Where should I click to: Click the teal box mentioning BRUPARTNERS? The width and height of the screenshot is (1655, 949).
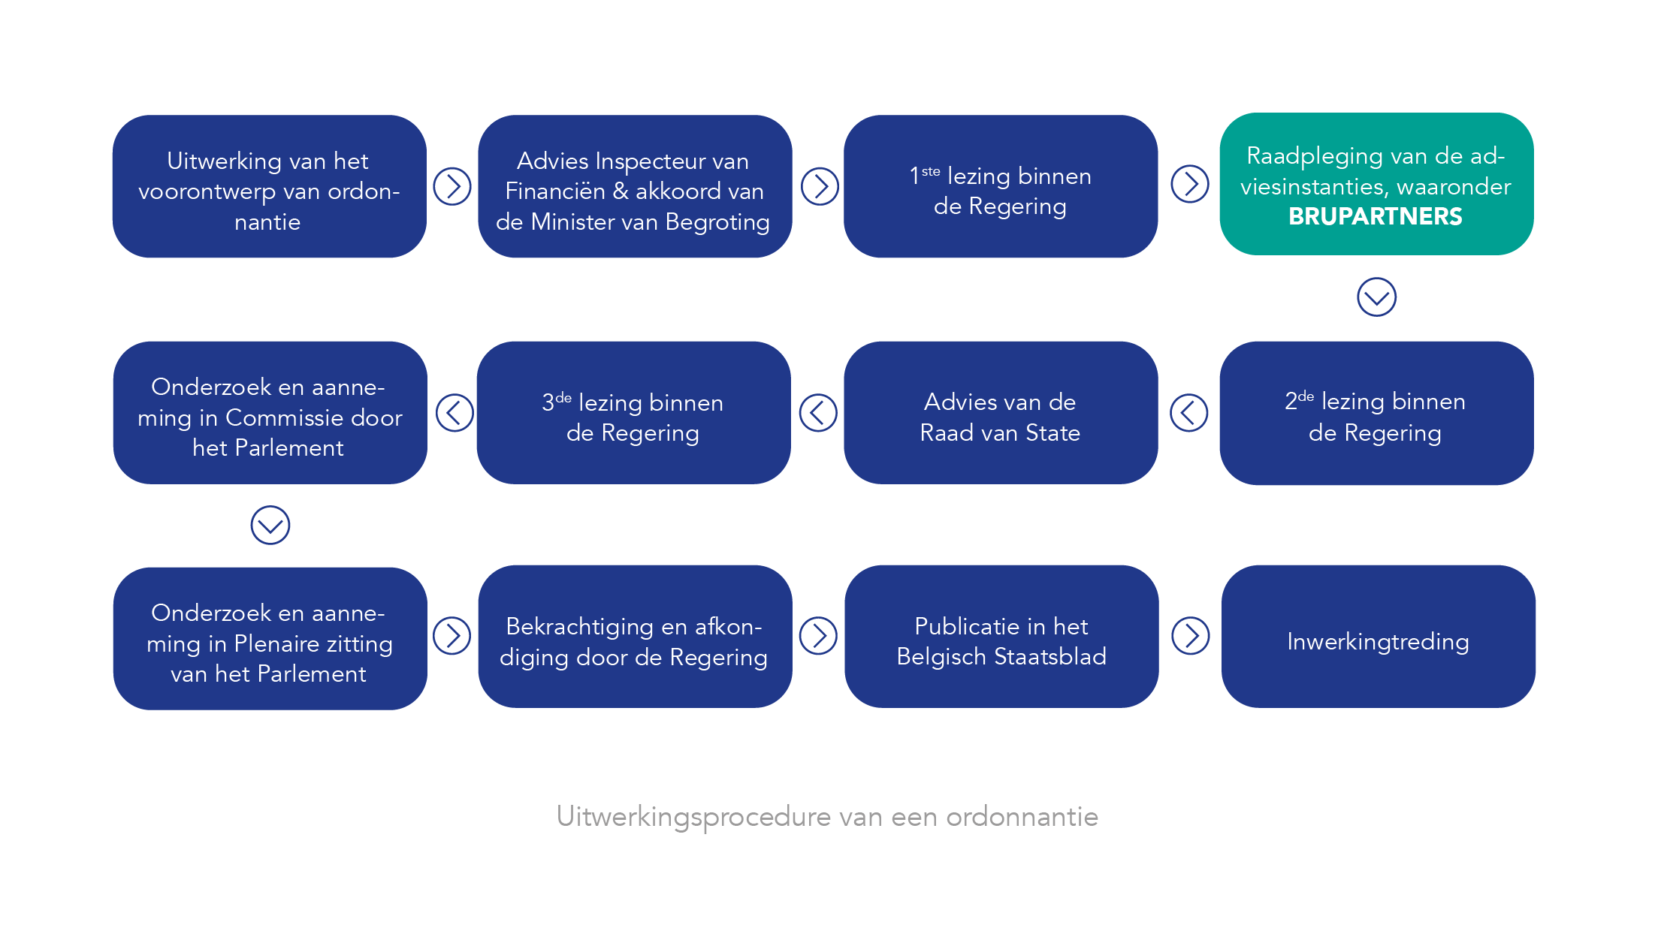click(x=1376, y=184)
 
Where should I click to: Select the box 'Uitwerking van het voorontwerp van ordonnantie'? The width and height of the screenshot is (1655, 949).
click(x=269, y=186)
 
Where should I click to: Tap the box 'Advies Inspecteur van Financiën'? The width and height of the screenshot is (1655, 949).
click(x=635, y=186)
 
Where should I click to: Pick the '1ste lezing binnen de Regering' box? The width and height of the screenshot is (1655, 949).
click(x=1001, y=186)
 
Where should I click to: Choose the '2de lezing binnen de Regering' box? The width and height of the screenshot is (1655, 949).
click(x=1376, y=413)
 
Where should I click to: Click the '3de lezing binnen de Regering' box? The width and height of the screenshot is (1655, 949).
click(x=633, y=413)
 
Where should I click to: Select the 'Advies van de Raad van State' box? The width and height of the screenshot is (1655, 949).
click(x=1001, y=413)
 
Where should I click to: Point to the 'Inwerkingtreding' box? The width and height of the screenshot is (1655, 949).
click(x=1378, y=637)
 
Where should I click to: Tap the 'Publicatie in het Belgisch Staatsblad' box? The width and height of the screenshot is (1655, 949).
click(x=1001, y=637)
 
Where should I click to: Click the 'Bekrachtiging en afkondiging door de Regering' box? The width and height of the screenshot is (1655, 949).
click(x=635, y=637)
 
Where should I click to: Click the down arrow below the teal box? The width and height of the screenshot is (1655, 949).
click(x=1376, y=297)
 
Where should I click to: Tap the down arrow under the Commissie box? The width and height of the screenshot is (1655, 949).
click(x=270, y=525)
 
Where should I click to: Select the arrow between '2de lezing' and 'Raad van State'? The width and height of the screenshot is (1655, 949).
click(x=1189, y=413)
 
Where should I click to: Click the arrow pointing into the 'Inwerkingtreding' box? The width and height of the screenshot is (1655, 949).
click(x=1191, y=636)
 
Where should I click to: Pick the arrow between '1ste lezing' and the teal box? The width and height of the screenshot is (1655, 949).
click(x=1190, y=184)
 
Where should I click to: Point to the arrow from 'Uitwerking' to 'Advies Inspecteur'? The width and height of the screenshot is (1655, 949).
click(x=452, y=186)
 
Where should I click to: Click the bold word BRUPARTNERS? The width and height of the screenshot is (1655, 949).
click(x=1376, y=216)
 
